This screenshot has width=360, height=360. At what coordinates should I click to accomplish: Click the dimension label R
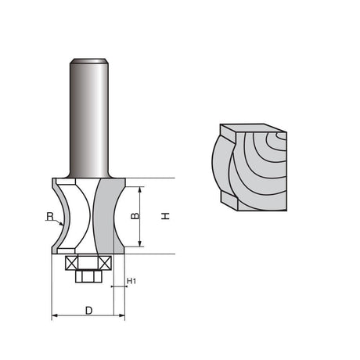tap(50, 216)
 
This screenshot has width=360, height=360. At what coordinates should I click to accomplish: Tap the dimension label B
tap(135, 216)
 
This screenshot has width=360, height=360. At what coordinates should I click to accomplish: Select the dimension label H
tap(165, 216)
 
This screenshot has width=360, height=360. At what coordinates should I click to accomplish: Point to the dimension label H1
tap(131, 281)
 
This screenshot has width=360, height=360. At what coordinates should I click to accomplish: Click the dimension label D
tap(89, 311)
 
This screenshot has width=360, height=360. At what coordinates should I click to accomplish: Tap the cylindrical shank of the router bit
tap(89, 118)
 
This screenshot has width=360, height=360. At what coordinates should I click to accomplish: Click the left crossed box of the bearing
tap(72, 263)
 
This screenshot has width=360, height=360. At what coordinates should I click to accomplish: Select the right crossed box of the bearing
tap(105, 263)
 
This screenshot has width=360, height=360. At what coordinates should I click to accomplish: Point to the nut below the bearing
tap(88, 276)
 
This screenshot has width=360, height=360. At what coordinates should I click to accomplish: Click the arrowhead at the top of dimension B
tap(140, 189)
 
